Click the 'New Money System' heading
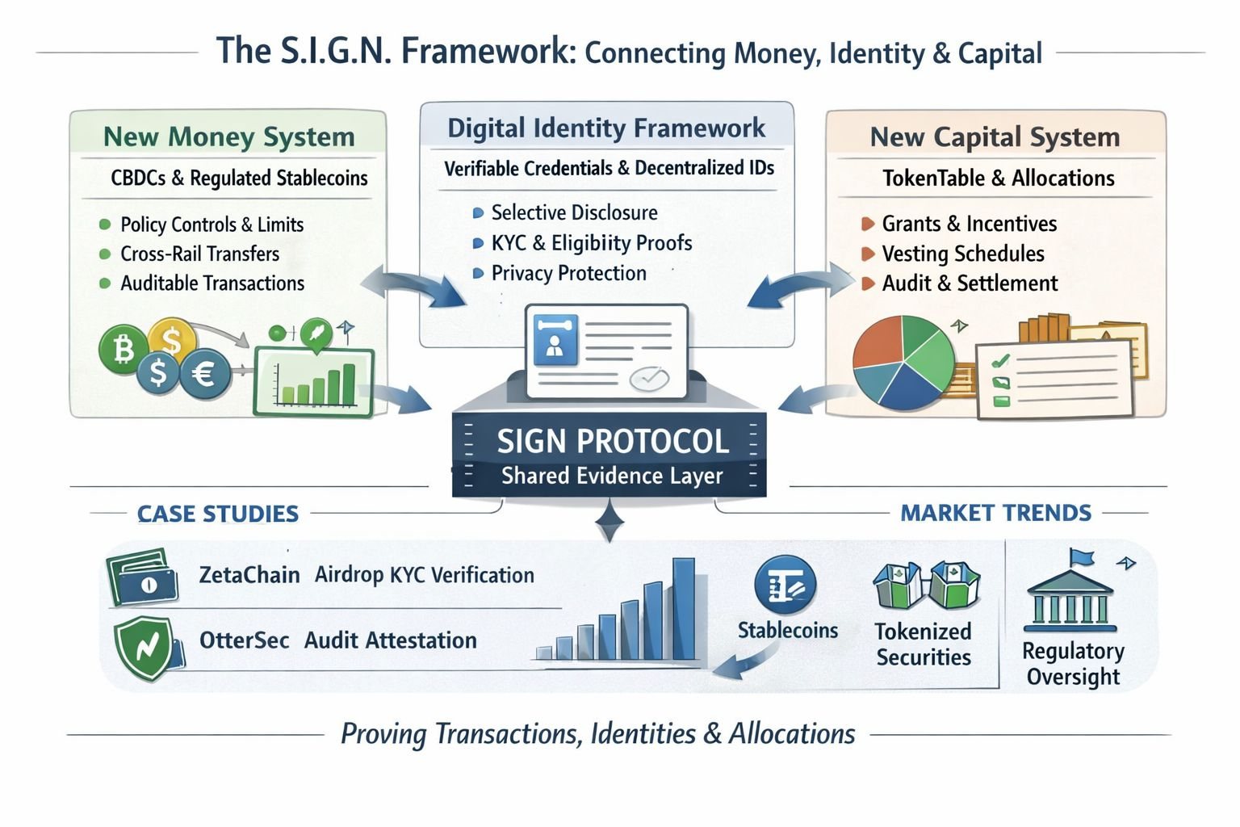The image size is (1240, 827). tap(228, 136)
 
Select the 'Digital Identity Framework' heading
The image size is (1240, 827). tap(606, 128)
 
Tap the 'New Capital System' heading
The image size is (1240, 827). tap(995, 136)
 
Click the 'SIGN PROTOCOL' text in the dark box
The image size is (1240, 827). tap(612, 441)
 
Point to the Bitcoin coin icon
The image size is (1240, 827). tap(124, 350)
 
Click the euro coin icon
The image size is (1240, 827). tap(203, 373)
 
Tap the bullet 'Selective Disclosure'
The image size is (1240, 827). tap(574, 212)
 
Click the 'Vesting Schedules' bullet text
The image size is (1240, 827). tap(962, 254)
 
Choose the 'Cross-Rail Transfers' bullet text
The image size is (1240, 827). tap(199, 254)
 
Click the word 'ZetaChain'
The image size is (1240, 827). tap(249, 575)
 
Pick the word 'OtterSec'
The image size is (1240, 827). tap(244, 640)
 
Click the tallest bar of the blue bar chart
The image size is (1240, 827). tap(683, 609)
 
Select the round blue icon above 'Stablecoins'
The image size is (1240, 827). tap(785, 586)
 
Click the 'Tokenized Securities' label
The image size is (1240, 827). tap(924, 644)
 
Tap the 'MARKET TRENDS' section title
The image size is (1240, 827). tap(995, 513)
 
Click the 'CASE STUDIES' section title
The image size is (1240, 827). tap(217, 514)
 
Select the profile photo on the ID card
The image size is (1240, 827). tap(555, 340)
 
